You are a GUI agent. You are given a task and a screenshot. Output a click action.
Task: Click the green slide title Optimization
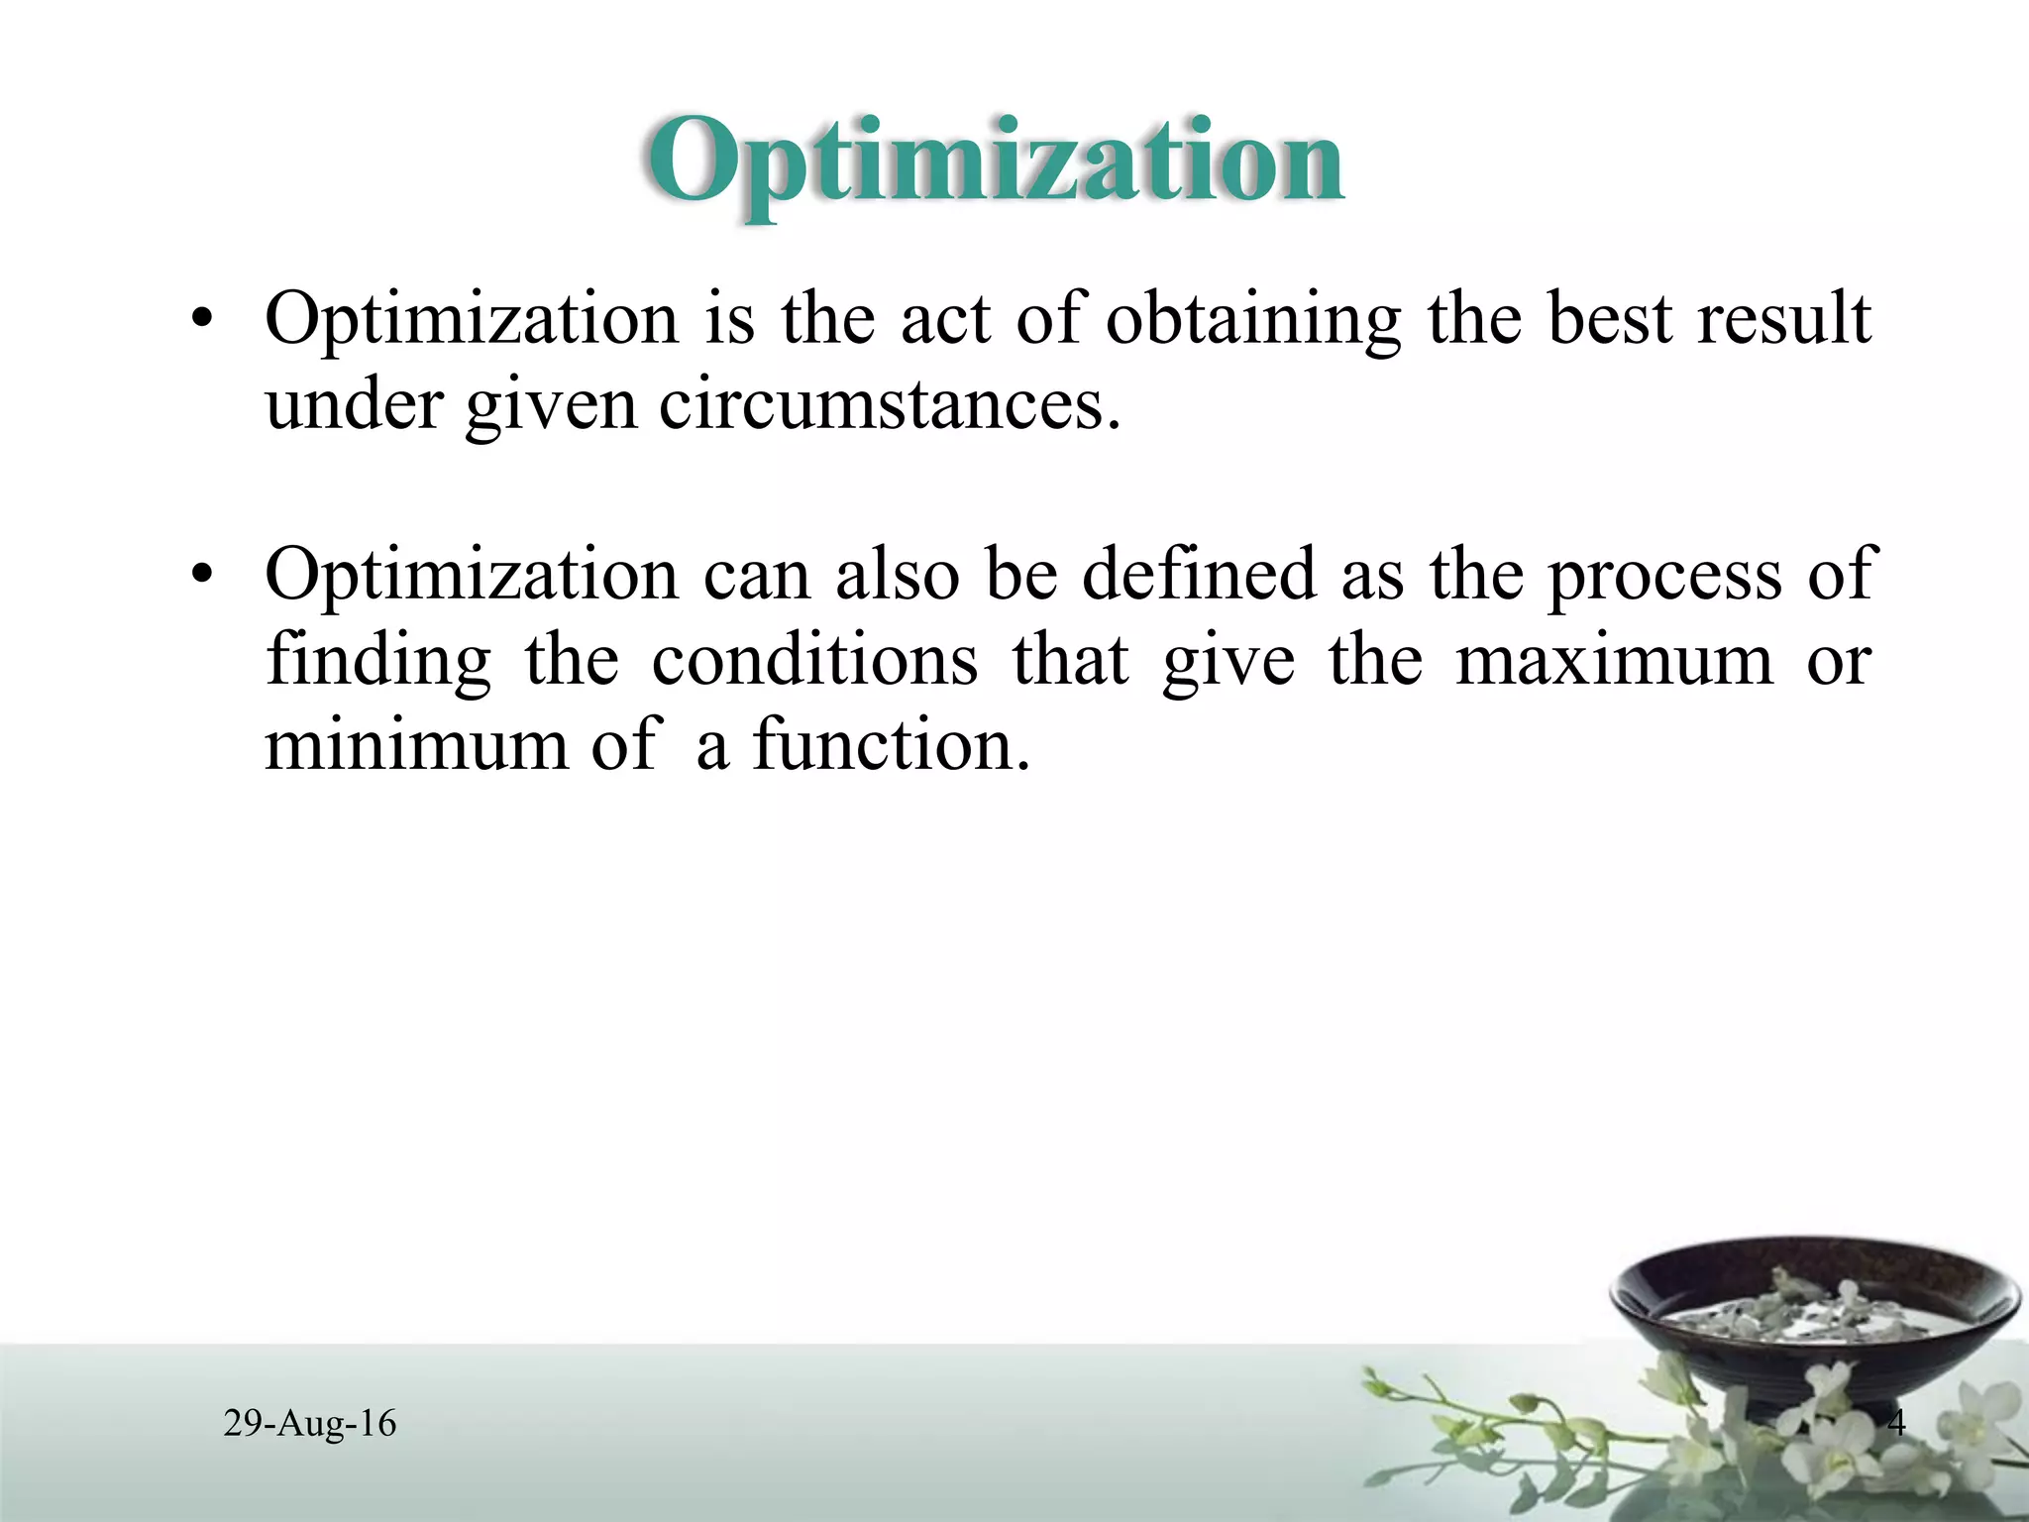click(x=995, y=162)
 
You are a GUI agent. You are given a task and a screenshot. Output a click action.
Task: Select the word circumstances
click(x=890, y=405)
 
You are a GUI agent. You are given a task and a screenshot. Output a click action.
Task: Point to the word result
click(x=1783, y=319)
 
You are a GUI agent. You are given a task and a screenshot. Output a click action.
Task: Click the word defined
click(x=1198, y=575)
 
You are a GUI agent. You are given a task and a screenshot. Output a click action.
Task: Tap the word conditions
click(x=814, y=660)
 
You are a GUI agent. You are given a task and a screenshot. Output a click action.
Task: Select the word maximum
click(x=1614, y=660)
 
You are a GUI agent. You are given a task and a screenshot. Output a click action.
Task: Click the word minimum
click(x=416, y=744)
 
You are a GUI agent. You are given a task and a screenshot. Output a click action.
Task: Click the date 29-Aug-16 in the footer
click(x=310, y=1424)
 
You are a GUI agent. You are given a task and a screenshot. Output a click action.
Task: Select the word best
click(x=1610, y=319)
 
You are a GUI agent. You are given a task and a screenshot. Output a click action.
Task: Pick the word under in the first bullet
click(x=354, y=405)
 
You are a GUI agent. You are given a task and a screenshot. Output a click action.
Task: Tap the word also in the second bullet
click(x=897, y=575)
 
